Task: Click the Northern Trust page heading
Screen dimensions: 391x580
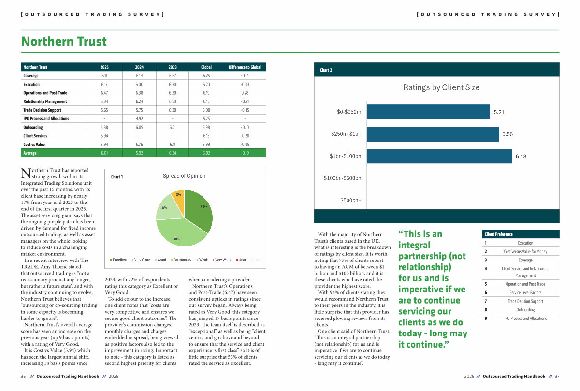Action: coord(64,42)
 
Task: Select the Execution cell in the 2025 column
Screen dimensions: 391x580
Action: coord(104,85)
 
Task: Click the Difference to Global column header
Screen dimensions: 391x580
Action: coord(245,67)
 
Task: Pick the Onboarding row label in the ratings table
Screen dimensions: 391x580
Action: coord(33,127)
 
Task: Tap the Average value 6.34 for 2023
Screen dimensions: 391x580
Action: coord(173,153)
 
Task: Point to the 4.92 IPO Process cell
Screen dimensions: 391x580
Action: coord(139,119)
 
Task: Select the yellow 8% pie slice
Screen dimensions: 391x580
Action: coord(178,199)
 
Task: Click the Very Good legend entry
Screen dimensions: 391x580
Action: coord(142,260)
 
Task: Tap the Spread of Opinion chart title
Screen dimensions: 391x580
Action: coord(184,176)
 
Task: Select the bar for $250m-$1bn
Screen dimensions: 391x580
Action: coord(433,134)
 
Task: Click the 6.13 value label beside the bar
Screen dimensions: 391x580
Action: coord(521,156)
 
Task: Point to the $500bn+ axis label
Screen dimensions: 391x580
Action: coord(350,200)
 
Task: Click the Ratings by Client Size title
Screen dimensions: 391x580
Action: coord(441,87)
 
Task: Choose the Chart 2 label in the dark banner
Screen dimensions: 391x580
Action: coord(326,70)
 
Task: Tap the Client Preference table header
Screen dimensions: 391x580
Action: coord(498,234)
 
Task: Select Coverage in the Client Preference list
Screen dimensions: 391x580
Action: coord(525,260)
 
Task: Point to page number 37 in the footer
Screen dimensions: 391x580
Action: coord(557,376)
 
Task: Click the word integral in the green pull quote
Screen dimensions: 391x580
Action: coord(414,245)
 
